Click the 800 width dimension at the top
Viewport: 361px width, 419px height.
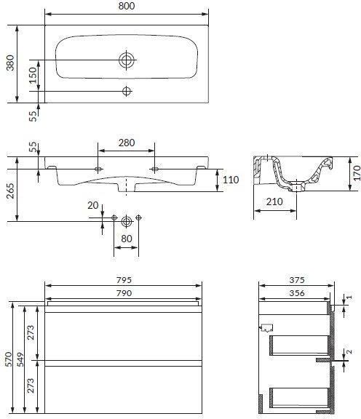click(127, 6)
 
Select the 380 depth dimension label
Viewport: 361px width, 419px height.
click(10, 63)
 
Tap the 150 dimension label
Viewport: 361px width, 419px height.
click(33, 76)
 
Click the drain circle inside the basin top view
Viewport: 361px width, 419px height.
click(127, 60)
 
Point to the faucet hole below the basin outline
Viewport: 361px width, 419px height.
click(127, 91)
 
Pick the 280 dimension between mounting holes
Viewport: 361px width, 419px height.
click(127, 143)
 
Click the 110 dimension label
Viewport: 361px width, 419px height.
click(231, 180)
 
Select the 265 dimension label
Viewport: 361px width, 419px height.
click(10, 191)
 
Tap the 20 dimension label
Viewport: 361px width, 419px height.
click(92, 205)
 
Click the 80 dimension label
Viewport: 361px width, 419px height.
click(127, 239)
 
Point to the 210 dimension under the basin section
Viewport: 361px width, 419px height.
click(274, 201)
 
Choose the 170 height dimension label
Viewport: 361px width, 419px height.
click(357, 173)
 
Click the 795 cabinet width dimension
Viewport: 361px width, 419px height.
click(124, 280)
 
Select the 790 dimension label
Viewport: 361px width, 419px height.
click(124, 293)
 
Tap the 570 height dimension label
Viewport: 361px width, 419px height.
click(8, 359)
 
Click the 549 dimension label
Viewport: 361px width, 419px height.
click(20, 359)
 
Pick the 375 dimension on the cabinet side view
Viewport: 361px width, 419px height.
click(297, 280)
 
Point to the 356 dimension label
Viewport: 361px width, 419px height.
click(297, 293)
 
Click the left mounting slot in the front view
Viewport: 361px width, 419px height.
click(98, 169)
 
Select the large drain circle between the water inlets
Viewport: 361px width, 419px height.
click(126, 221)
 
